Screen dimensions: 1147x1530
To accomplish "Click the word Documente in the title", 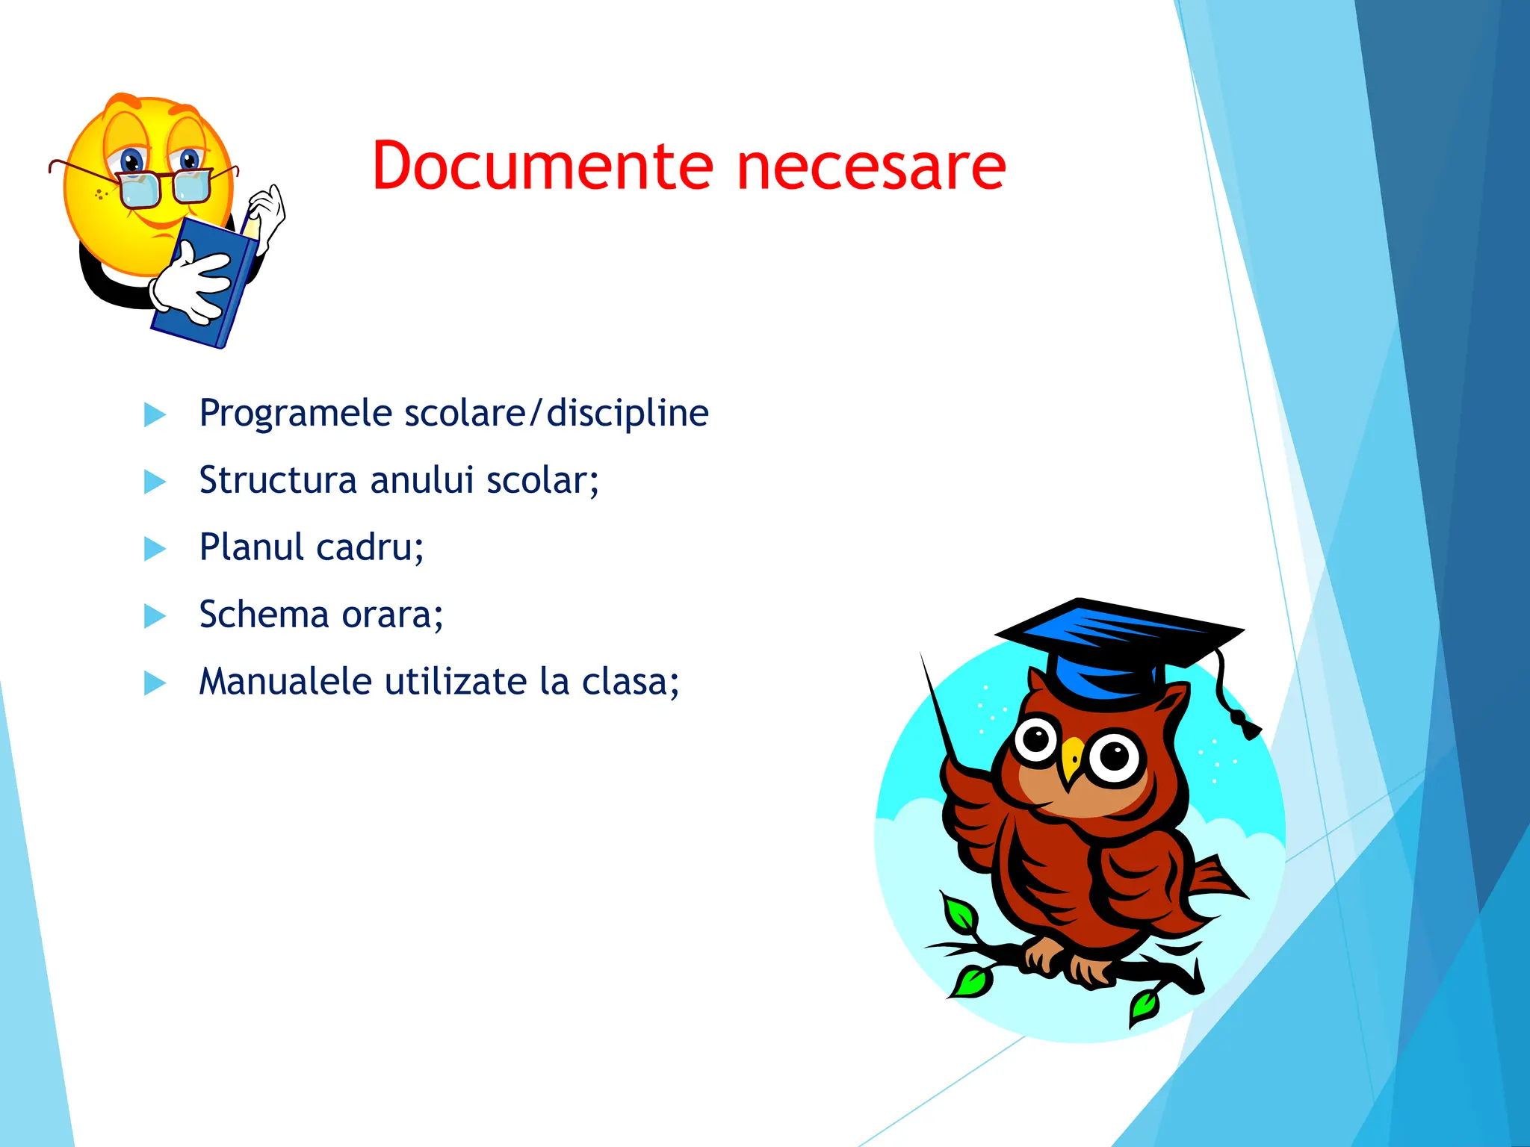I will click(x=543, y=166).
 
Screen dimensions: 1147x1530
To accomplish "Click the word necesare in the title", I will click(x=871, y=167).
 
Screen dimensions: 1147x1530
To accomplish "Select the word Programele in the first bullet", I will click(x=295, y=414).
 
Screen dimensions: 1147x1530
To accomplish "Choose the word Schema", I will click(x=264, y=615).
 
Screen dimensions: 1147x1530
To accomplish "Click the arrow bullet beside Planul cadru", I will click(x=155, y=549).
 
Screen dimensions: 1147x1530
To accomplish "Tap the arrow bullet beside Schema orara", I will click(x=155, y=616).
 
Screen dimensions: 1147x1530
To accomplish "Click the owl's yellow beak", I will click(x=1073, y=758).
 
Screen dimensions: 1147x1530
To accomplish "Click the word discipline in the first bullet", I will click(x=627, y=414).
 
